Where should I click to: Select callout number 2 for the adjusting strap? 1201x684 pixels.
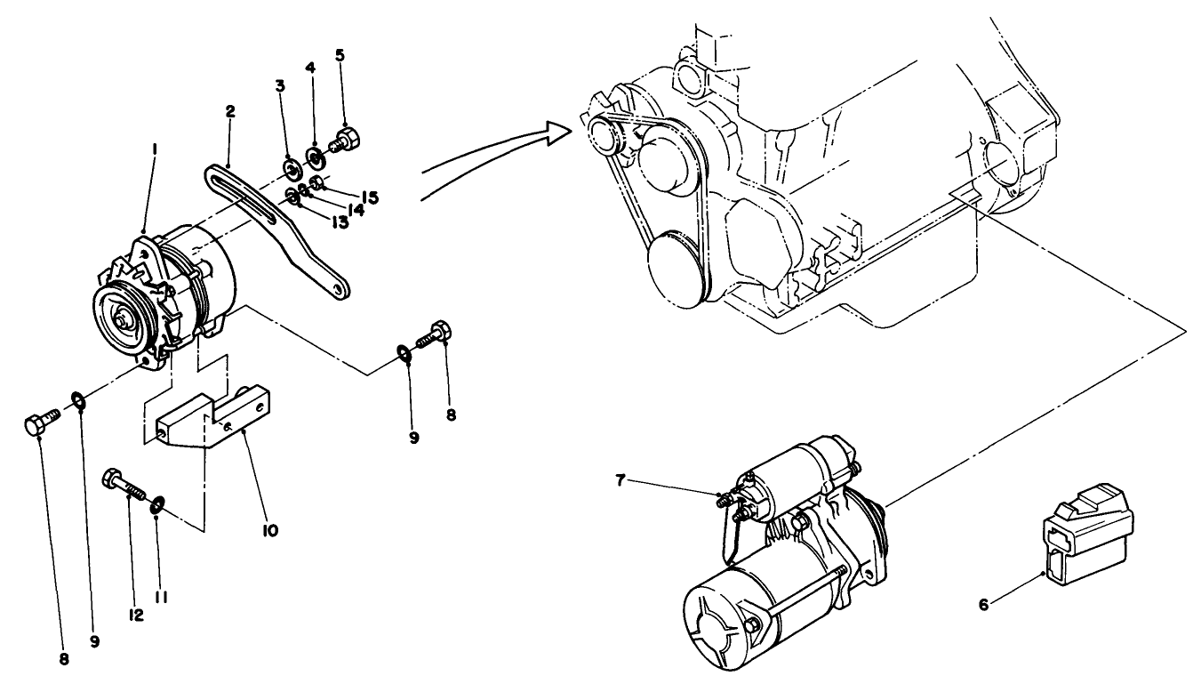[230, 112]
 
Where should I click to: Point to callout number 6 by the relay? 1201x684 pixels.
[983, 604]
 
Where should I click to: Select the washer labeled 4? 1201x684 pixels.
[314, 157]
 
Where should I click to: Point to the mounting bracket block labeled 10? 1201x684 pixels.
[213, 417]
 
